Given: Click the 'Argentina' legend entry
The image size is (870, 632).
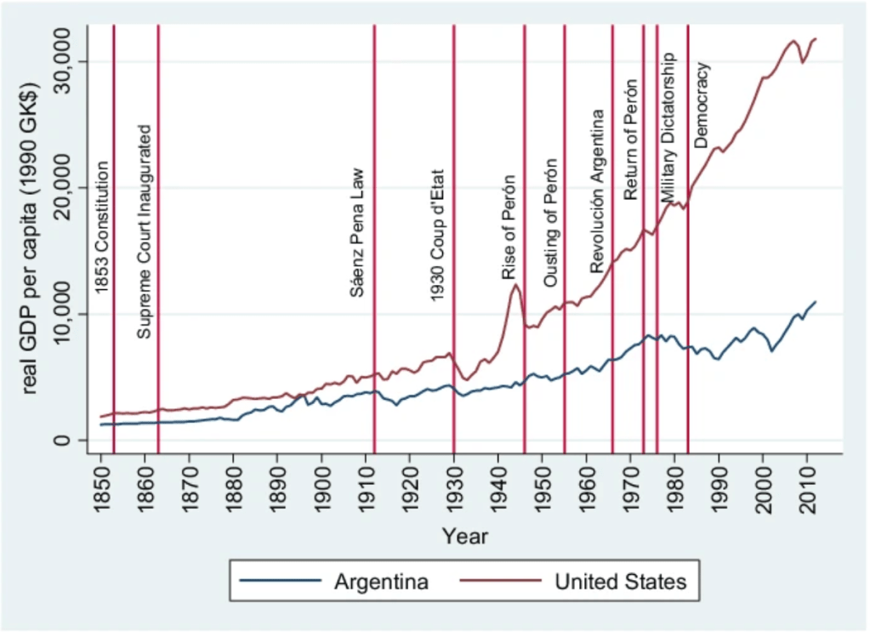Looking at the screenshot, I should (x=380, y=583).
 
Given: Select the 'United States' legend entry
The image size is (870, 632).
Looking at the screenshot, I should (x=620, y=583).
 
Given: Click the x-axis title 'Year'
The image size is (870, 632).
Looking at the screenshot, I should (x=465, y=536).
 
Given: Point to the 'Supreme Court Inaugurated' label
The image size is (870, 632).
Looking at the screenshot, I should (x=145, y=231).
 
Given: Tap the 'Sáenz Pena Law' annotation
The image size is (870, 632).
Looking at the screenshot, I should (x=358, y=231).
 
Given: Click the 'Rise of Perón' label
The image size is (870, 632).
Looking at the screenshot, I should (x=509, y=228).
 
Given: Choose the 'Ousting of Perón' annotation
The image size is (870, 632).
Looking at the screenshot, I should (x=551, y=222).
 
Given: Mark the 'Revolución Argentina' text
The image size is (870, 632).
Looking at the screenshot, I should (x=597, y=191).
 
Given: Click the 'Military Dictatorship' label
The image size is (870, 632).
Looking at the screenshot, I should (x=668, y=128).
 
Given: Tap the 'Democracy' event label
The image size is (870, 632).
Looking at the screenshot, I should (x=702, y=104).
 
